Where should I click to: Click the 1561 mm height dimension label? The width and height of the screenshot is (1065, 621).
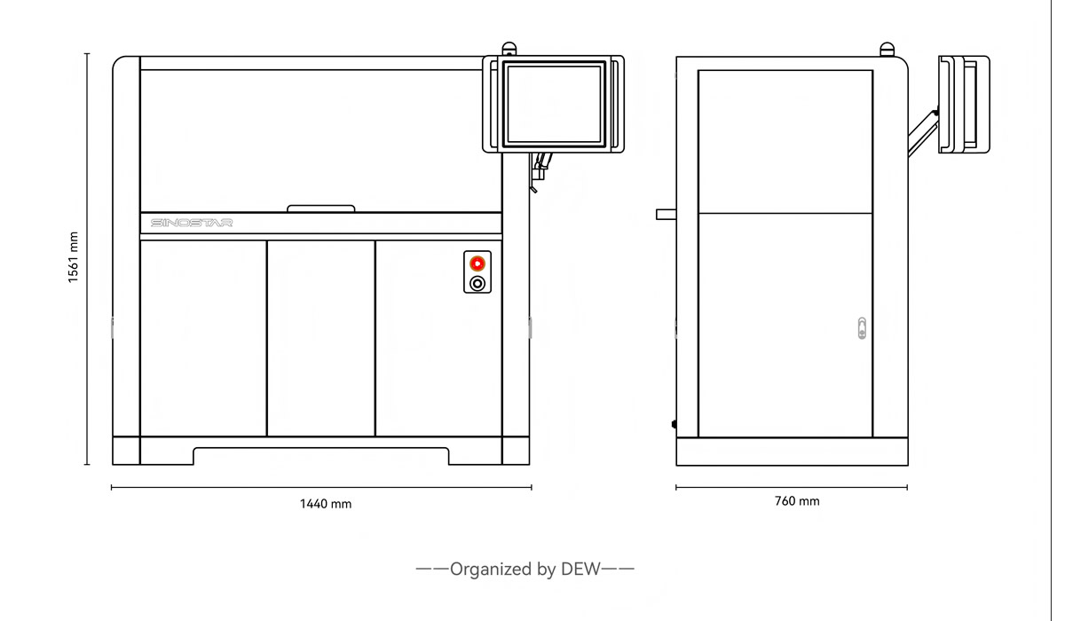click(x=73, y=257)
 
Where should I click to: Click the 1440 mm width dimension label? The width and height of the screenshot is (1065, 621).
click(x=326, y=504)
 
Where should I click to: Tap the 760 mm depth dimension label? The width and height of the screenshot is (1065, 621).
click(x=797, y=501)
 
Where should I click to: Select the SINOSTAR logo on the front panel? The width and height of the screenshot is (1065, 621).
click(x=192, y=223)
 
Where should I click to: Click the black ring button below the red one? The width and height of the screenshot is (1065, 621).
click(x=477, y=284)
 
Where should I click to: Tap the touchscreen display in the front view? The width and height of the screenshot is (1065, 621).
click(x=554, y=104)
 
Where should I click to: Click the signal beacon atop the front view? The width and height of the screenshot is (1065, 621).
click(x=509, y=49)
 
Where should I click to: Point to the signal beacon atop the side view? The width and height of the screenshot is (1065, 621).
click(x=887, y=50)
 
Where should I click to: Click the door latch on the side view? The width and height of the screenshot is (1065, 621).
click(x=862, y=328)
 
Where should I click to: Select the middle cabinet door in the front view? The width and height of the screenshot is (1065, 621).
click(x=321, y=338)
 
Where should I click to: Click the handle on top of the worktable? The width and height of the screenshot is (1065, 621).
click(x=321, y=208)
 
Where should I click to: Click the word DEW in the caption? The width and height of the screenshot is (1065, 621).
click(x=580, y=569)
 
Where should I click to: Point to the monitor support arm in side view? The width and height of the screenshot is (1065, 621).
click(x=923, y=133)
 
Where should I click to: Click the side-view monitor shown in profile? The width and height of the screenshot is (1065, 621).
click(x=964, y=105)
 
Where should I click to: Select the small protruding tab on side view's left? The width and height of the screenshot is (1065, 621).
click(x=667, y=215)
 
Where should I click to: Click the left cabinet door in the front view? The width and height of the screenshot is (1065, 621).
click(x=203, y=338)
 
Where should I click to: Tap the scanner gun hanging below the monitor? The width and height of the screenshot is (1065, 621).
click(x=540, y=172)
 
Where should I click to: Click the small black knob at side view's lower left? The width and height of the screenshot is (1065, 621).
click(x=674, y=424)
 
